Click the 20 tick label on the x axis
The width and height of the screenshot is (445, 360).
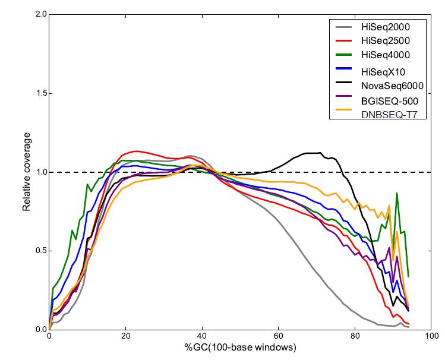click(x=125, y=337)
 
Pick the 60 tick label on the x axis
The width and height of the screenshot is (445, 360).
click(x=278, y=337)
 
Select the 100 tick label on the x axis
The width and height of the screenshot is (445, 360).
click(x=431, y=337)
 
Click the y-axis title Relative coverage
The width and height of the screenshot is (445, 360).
click(x=26, y=172)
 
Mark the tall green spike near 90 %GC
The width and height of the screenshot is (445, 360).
click(x=396, y=194)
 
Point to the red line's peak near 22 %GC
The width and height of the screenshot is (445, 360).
click(x=136, y=151)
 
